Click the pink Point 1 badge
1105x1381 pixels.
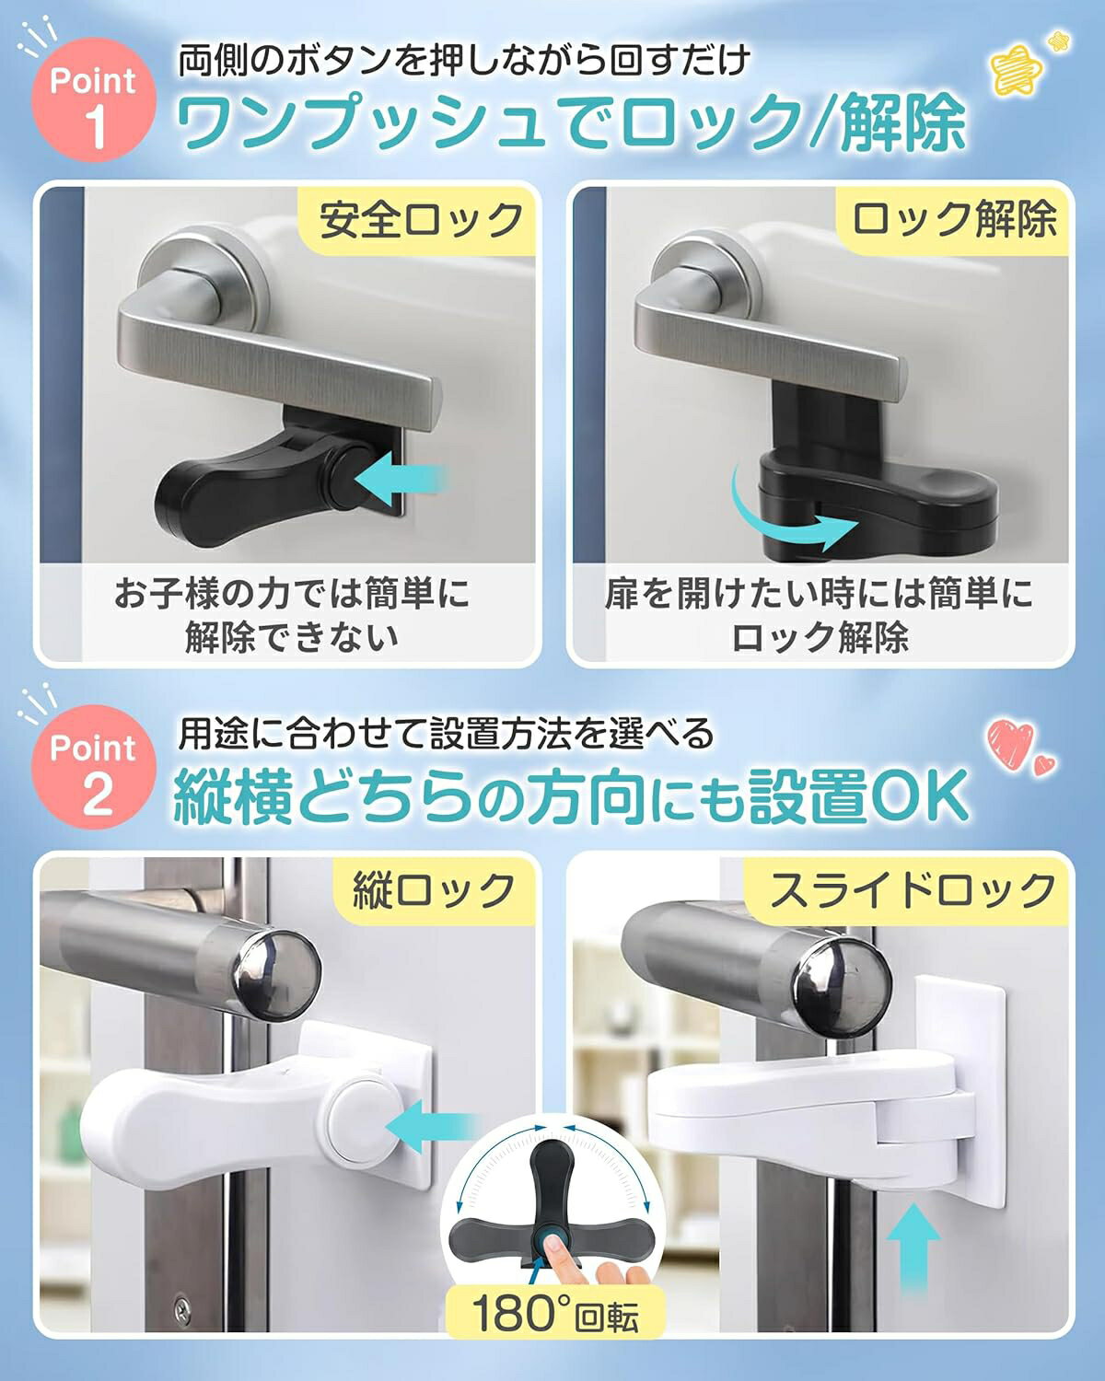(94, 99)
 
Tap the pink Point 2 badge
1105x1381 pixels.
(94, 768)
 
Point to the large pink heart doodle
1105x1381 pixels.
(1010, 746)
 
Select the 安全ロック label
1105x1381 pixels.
(421, 220)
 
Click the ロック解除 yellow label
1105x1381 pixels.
(953, 219)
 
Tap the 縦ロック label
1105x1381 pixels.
(434, 890)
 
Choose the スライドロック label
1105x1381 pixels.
(912, 890)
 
